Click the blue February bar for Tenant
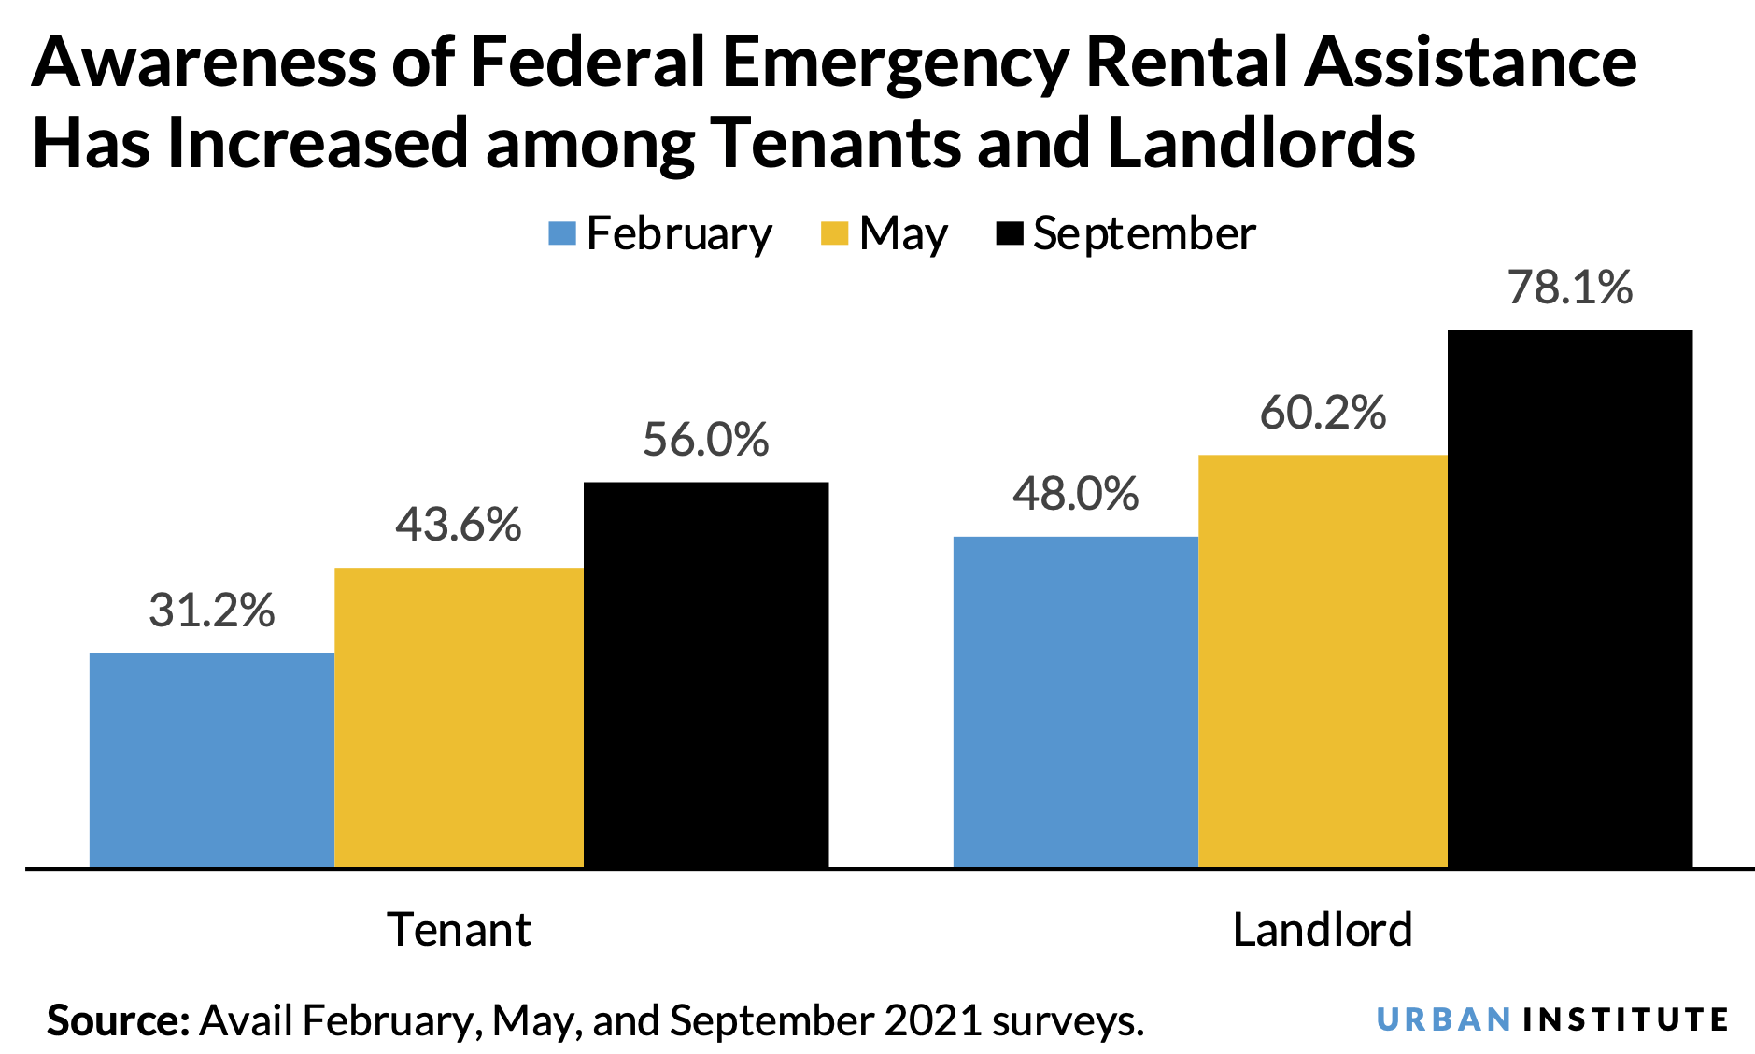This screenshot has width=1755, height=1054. pos(211,760)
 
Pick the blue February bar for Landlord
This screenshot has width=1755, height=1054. pos(1075,702)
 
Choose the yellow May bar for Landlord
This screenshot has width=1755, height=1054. pos(1323,661)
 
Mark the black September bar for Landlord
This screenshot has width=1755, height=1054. pos(1569,598)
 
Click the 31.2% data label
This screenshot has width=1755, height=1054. pos(212,611)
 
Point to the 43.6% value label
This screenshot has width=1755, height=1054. pos(458,525)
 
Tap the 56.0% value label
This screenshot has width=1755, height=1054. pos(705,440)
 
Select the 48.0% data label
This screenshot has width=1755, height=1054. pos(1075,494)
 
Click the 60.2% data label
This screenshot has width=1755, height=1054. pos(1323,413)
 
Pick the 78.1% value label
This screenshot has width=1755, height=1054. pos(1569,288)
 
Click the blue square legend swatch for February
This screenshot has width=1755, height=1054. pos(561,233)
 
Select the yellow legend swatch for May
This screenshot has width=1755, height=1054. pos(833,233)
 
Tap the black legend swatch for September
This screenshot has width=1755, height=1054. pos(1010,233)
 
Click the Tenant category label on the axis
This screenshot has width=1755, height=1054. pos(459,930)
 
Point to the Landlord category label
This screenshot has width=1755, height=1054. pos(1323,930)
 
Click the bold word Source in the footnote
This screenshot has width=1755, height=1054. pos(118,1020)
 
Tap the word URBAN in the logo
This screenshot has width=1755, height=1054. pos(1443,1019)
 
